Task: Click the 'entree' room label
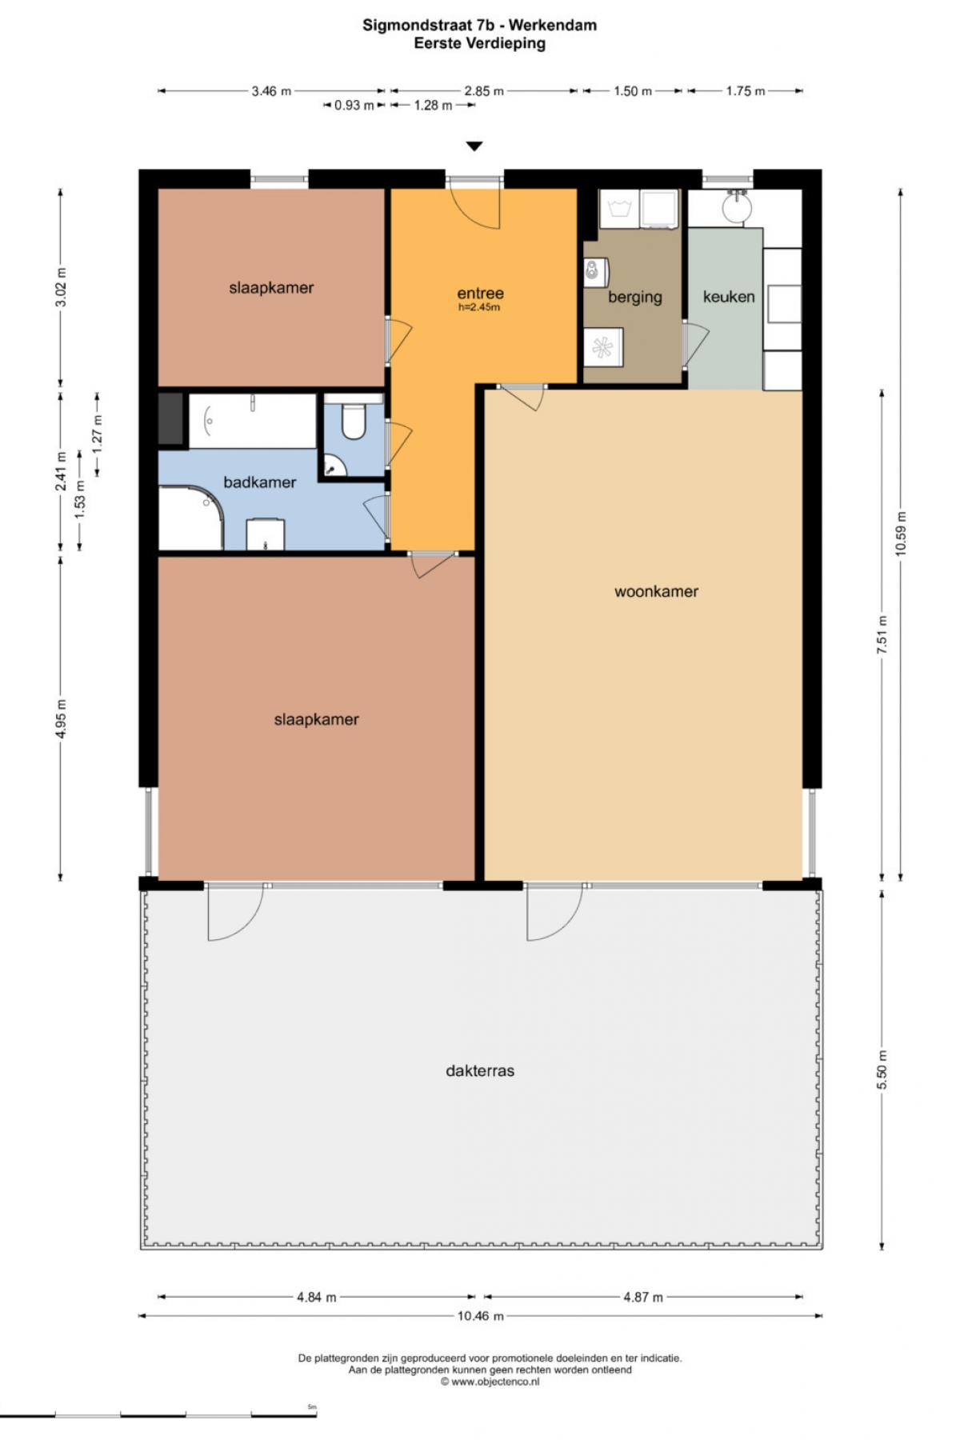tap(480, 294)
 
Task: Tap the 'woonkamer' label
tap(656, 592)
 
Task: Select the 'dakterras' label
tap(480, 1070)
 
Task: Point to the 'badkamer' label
tap(259, 482)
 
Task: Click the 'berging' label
tap(635, 298)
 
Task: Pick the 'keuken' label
tap(729, 297)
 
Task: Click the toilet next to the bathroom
tap(353, 418)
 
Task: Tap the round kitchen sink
tap(737, 208)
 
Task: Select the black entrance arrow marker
tap(475, 146)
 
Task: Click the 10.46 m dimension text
tap(480, 1316)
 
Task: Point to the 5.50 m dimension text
tap(882, 1070)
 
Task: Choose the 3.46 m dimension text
tap(271, 91)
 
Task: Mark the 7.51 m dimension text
tap(882, 635)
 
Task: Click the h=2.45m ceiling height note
tap(479, 308)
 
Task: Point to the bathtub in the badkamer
tap(252, 420)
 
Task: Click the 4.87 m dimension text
tap(643, 1297)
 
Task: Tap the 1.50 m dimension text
tap(633, 91)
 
